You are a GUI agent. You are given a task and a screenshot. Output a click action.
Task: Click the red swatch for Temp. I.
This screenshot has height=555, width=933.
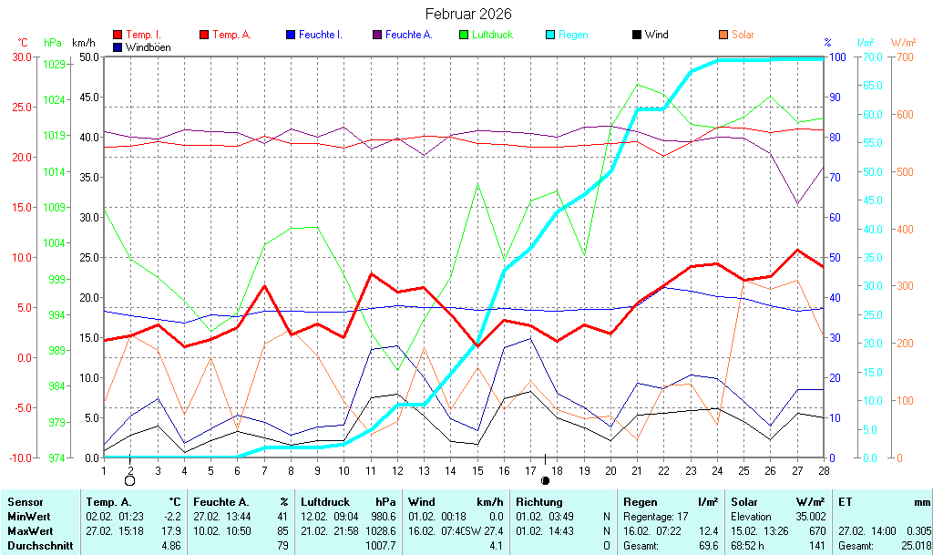tap(118, 35)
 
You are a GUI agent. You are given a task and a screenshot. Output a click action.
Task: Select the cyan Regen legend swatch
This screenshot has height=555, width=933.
tap(550, 35)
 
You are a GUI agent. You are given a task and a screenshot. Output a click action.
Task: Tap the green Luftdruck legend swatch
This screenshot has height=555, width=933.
tap(464, 35)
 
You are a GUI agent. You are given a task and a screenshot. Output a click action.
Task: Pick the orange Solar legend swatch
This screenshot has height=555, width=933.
tap(723, 35)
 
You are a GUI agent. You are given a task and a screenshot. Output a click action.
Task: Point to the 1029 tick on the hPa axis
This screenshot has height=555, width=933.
tap(54, 64)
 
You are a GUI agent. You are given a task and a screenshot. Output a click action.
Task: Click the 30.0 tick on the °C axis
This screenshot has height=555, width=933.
tap(22, 57)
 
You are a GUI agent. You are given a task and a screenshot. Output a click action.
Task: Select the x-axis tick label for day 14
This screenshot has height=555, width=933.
tap(450, 470)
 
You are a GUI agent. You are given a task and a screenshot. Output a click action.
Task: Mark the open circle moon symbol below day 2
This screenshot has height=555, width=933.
tap(129, 480)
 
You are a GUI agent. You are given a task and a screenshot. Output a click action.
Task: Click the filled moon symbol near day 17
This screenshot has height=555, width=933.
tap(545, 480)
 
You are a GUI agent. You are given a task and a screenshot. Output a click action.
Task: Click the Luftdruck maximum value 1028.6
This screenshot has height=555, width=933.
tap(382, 530)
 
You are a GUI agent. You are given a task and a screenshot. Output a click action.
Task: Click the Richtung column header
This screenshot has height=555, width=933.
tap(539, 502)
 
